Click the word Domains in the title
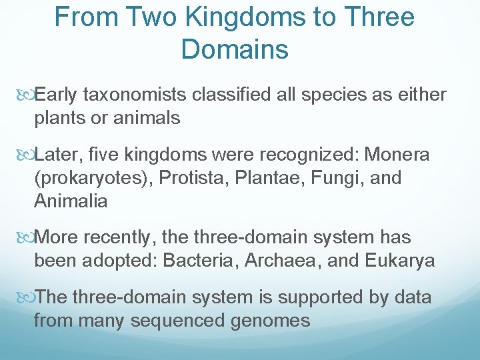click(x=235, y=49)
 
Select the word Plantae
click(x=272, y=179)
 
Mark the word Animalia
click(x=71, y=201)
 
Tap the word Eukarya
click(x=400, y=261)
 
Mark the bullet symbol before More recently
click(x=27, y=238)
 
